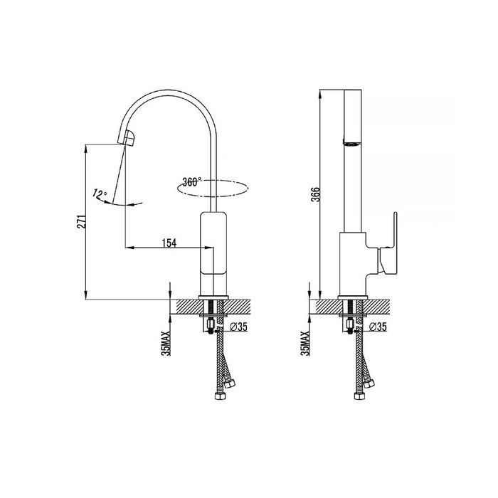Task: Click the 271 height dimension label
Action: tap(82, 222)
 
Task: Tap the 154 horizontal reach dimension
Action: tap(169, 243)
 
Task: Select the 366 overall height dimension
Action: tap(316, 194)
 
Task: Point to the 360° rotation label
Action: tap(192, 182)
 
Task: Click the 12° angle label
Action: tap(100, 194)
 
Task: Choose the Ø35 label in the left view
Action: tap(238, 327)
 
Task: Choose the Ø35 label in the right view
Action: tap(378, 327)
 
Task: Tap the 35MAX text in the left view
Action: tap(166, 343)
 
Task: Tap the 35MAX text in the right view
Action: tap(305, 343)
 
